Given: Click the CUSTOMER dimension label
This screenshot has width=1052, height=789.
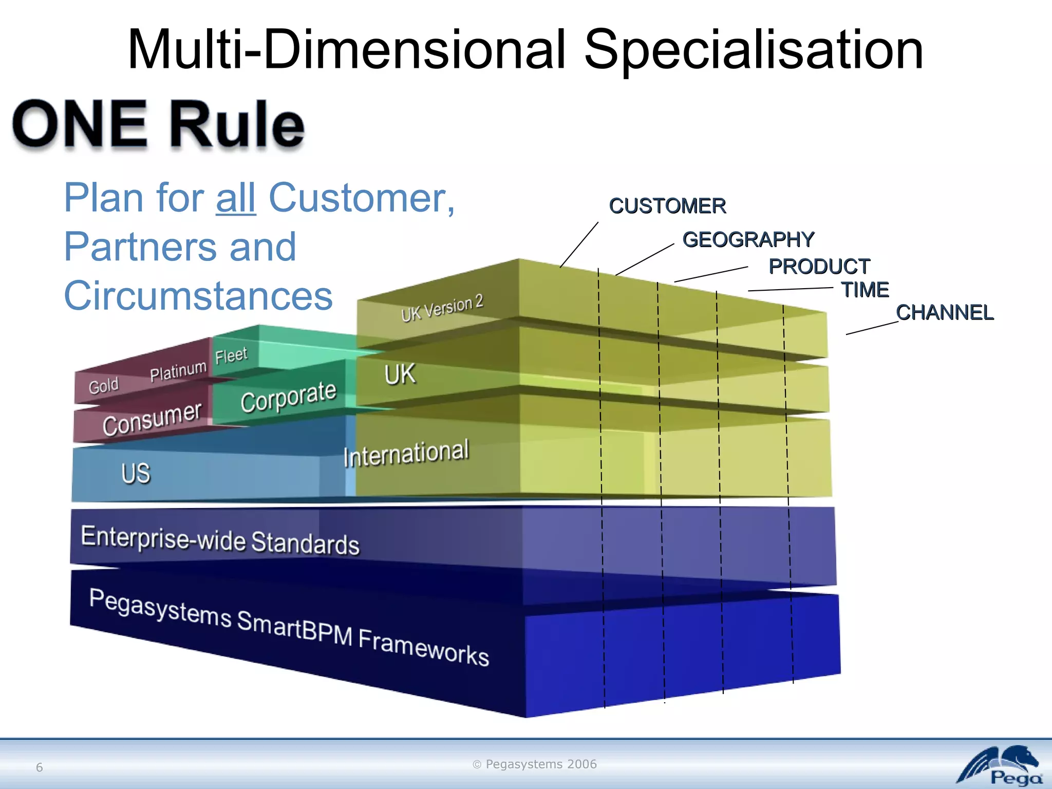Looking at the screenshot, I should pyautogui.click(x=667, y=206).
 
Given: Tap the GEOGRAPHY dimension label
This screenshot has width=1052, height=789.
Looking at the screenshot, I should pyautogui.click(x=748, y=240).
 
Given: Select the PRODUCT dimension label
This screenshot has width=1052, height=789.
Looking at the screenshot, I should pyautogui.click(x=819, y=267).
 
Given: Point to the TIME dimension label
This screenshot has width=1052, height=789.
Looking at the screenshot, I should pyautogui.click(x=865, y=290).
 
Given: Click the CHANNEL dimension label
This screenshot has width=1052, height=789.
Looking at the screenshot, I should pyautogui.click(x=944, y=313).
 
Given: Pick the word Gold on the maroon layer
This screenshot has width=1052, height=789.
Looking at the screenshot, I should pyautogui.click(x=103, y=386).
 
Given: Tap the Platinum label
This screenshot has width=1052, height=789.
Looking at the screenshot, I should pyautogui.click(x=178, y=371).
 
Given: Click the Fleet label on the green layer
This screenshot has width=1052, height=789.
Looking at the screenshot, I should pyautogui.click(x=231, y=355).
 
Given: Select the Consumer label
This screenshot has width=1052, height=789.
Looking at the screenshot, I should pyautogui.click(x=152, y=419).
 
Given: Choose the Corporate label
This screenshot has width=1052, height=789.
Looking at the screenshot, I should pyautogui.click(x=288, y=397).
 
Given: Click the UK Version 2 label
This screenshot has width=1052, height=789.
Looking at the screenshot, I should pyautogui.click(x=442, y=308).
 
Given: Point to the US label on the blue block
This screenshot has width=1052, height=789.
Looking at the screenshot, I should pyautogui.click(x=136, y=473).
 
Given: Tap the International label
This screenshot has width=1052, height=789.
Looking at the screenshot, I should pyautogui.click(x=406, y=454).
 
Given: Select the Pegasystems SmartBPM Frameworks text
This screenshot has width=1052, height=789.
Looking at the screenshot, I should pyautogui.click(x=289, y=627).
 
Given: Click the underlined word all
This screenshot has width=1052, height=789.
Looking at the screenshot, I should pyautogui.click(x=236, y=198).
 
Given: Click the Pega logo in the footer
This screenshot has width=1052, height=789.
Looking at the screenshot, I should pyautogui.click(x=1000, y=766).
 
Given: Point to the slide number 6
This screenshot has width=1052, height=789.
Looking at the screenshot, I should pyautogui.click(x=40, y=767).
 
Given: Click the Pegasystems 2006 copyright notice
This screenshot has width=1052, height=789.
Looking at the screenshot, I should pyautogui.click(x=535, y=764).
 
